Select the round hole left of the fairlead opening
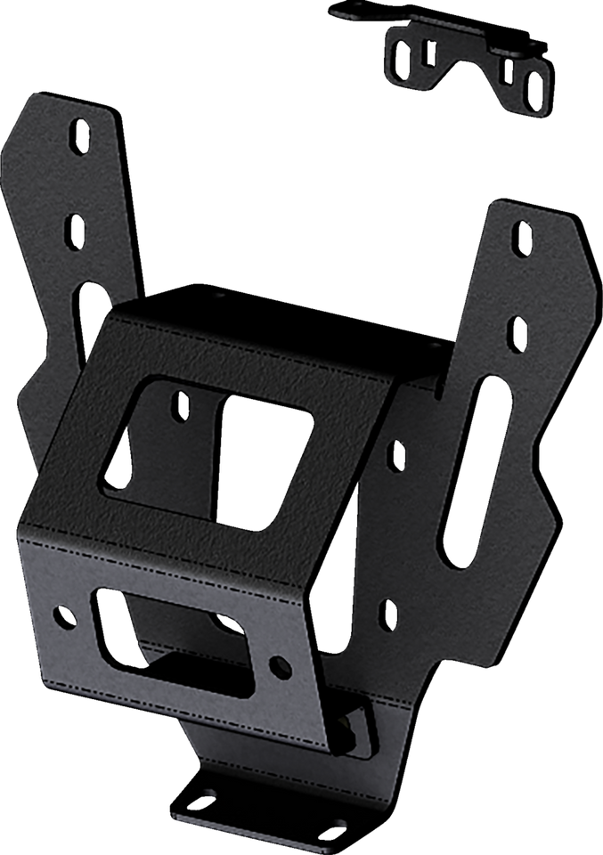(62, 613)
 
